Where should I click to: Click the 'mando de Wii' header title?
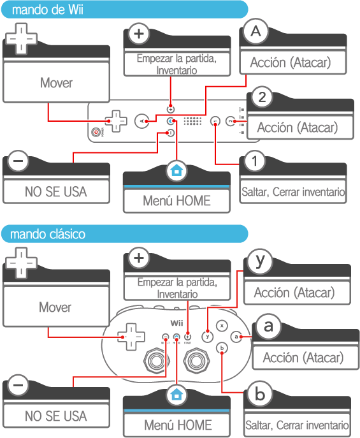(x=48, y=10)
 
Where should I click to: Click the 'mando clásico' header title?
(x=48, y=234)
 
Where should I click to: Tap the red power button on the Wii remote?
(x=96, y=132)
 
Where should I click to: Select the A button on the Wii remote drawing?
(x=141, y=121)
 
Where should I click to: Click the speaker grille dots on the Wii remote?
(x=192, y=121)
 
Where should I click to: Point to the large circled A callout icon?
(x=256, y=31)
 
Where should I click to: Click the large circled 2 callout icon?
(x=262, y=97)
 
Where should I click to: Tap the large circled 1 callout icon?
(x=254, y=161)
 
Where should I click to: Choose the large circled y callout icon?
(x=260, y=262)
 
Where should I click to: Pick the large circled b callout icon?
(x=260, y=394)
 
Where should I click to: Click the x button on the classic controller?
(x=222, y=326)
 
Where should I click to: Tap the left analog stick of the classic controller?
(x=156, y=361)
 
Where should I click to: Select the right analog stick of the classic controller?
(x=196, y=361)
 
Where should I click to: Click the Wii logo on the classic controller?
(x=176, y=323)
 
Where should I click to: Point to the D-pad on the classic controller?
(x=131, y=337)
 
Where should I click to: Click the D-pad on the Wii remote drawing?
(x=116, y=121)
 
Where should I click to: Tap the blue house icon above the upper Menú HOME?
(x=176, y=170)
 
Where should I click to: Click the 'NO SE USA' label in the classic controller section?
(x=56, y=416)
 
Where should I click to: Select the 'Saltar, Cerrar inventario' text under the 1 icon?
(x=293, y=192)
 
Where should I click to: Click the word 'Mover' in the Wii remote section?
(x=56, y=83)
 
